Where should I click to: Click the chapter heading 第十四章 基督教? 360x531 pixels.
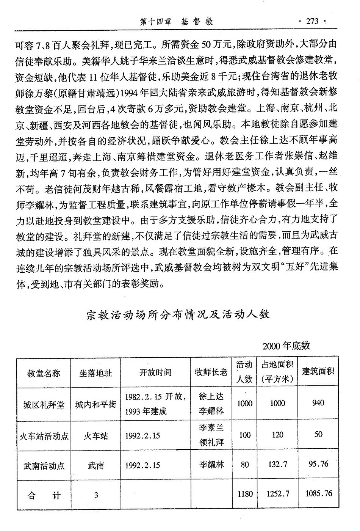(176, 21)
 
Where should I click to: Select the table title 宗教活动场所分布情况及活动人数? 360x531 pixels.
(178, 314)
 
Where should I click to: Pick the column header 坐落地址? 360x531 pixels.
(95, 373)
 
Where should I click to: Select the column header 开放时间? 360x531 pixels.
(155, 372)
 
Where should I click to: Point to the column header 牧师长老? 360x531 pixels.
(211, 372)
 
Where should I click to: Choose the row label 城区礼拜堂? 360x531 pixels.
(44, 404)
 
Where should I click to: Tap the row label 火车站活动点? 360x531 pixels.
(44, 435)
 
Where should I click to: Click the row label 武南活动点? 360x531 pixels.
(44, 465)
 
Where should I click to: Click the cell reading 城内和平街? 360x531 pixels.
(95, 404)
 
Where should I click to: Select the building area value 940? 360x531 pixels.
(318, 403)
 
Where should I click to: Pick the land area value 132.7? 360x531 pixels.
(277, 464)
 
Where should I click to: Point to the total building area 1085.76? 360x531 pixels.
(318, 493)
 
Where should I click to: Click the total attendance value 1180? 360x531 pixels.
(245, 494)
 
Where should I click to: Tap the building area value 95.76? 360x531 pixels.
(318, 464)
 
